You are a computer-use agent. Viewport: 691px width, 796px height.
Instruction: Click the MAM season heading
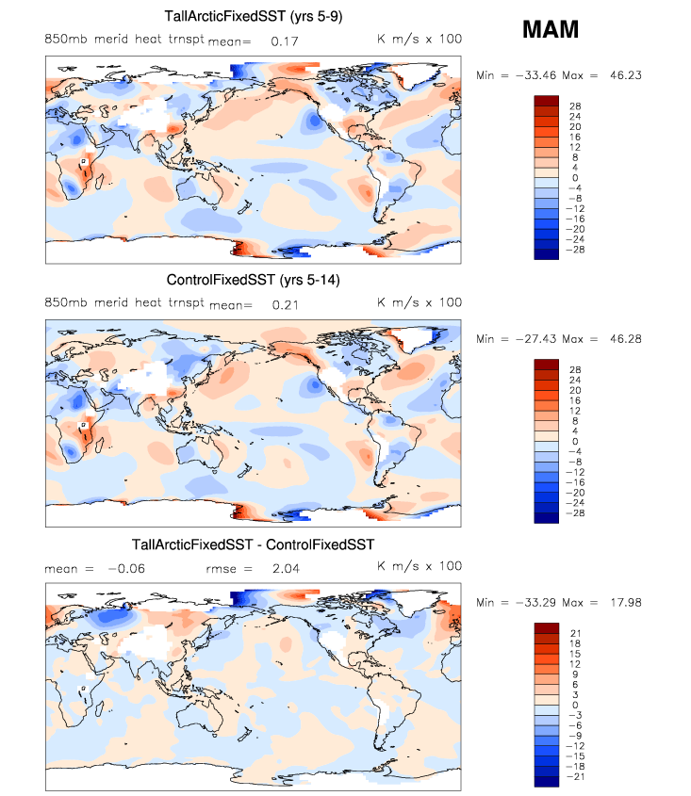pos(551,30)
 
